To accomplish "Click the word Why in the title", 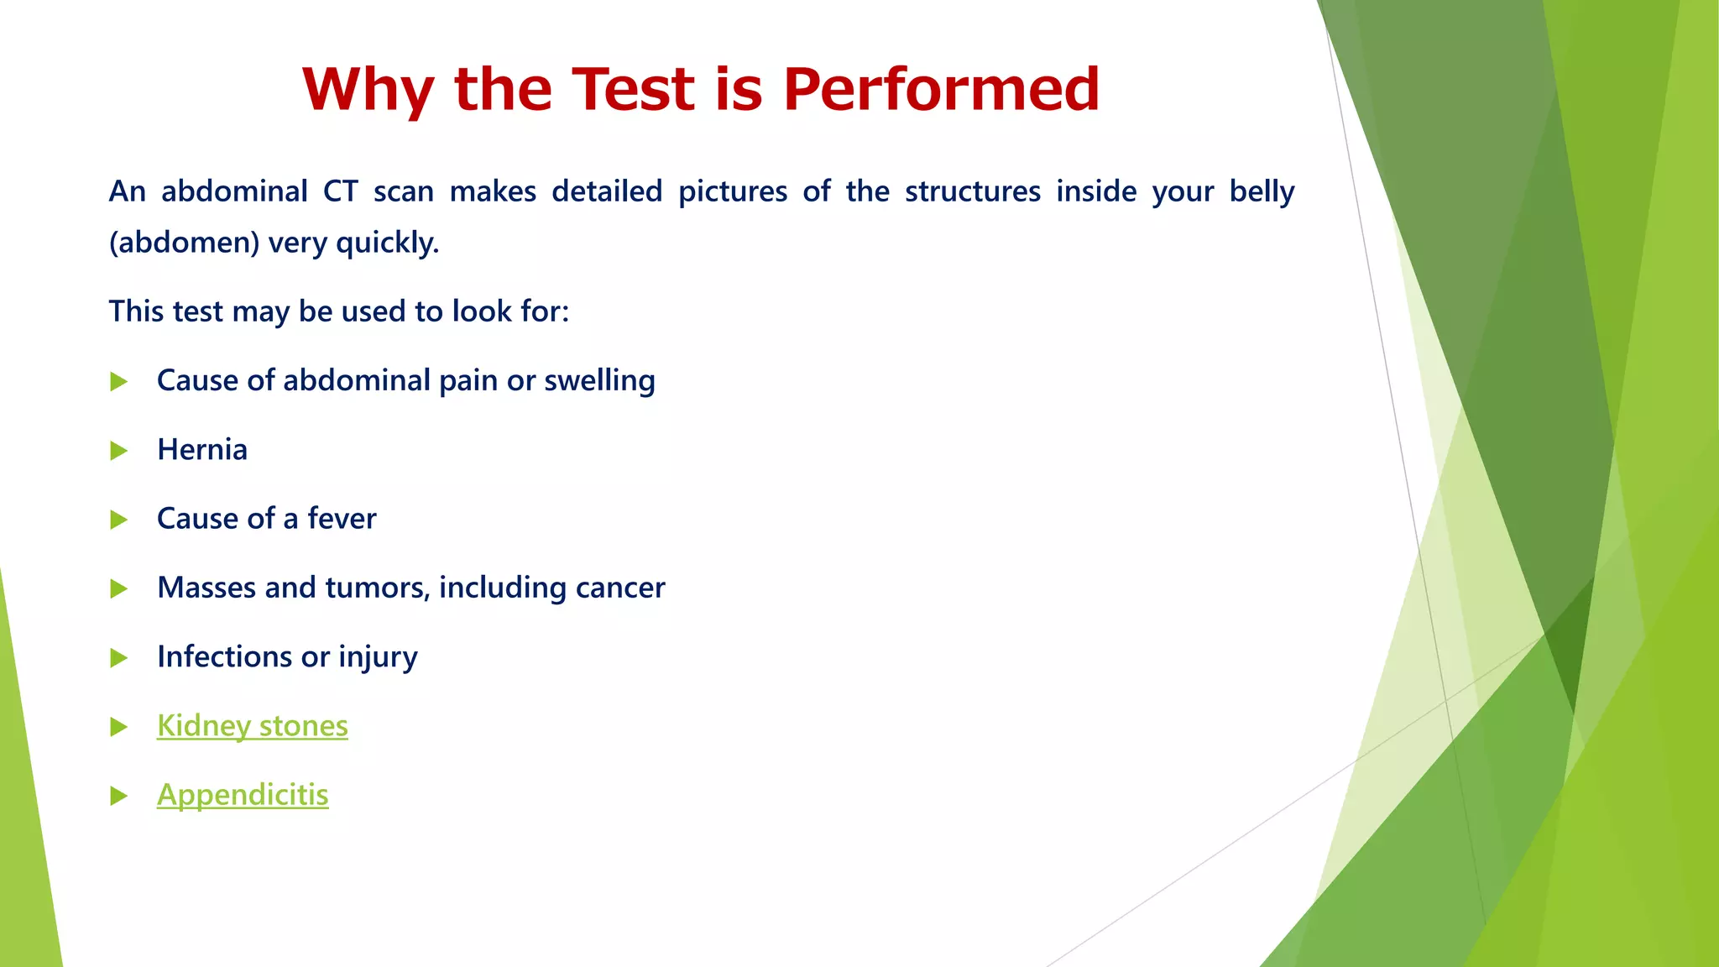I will click(368, 89).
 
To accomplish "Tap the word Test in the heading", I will click(635, 89).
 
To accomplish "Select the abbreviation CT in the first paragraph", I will click(341, 192).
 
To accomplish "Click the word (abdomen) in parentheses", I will click(184, 243).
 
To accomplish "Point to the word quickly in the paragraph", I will click(387, 243).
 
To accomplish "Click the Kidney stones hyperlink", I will click(252, 726).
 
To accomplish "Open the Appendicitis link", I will click(243, 795).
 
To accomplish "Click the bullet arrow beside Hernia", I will click(118, 452).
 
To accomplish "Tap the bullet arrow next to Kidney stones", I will click(118, 727).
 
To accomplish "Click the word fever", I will click(342, 519).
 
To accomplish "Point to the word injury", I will click(378, 657).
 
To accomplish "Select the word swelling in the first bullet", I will click(599, 381).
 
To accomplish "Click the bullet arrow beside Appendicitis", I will click(118, 796).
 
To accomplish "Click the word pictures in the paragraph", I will click(732, 192).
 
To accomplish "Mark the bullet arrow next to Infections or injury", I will click(118, 658).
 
